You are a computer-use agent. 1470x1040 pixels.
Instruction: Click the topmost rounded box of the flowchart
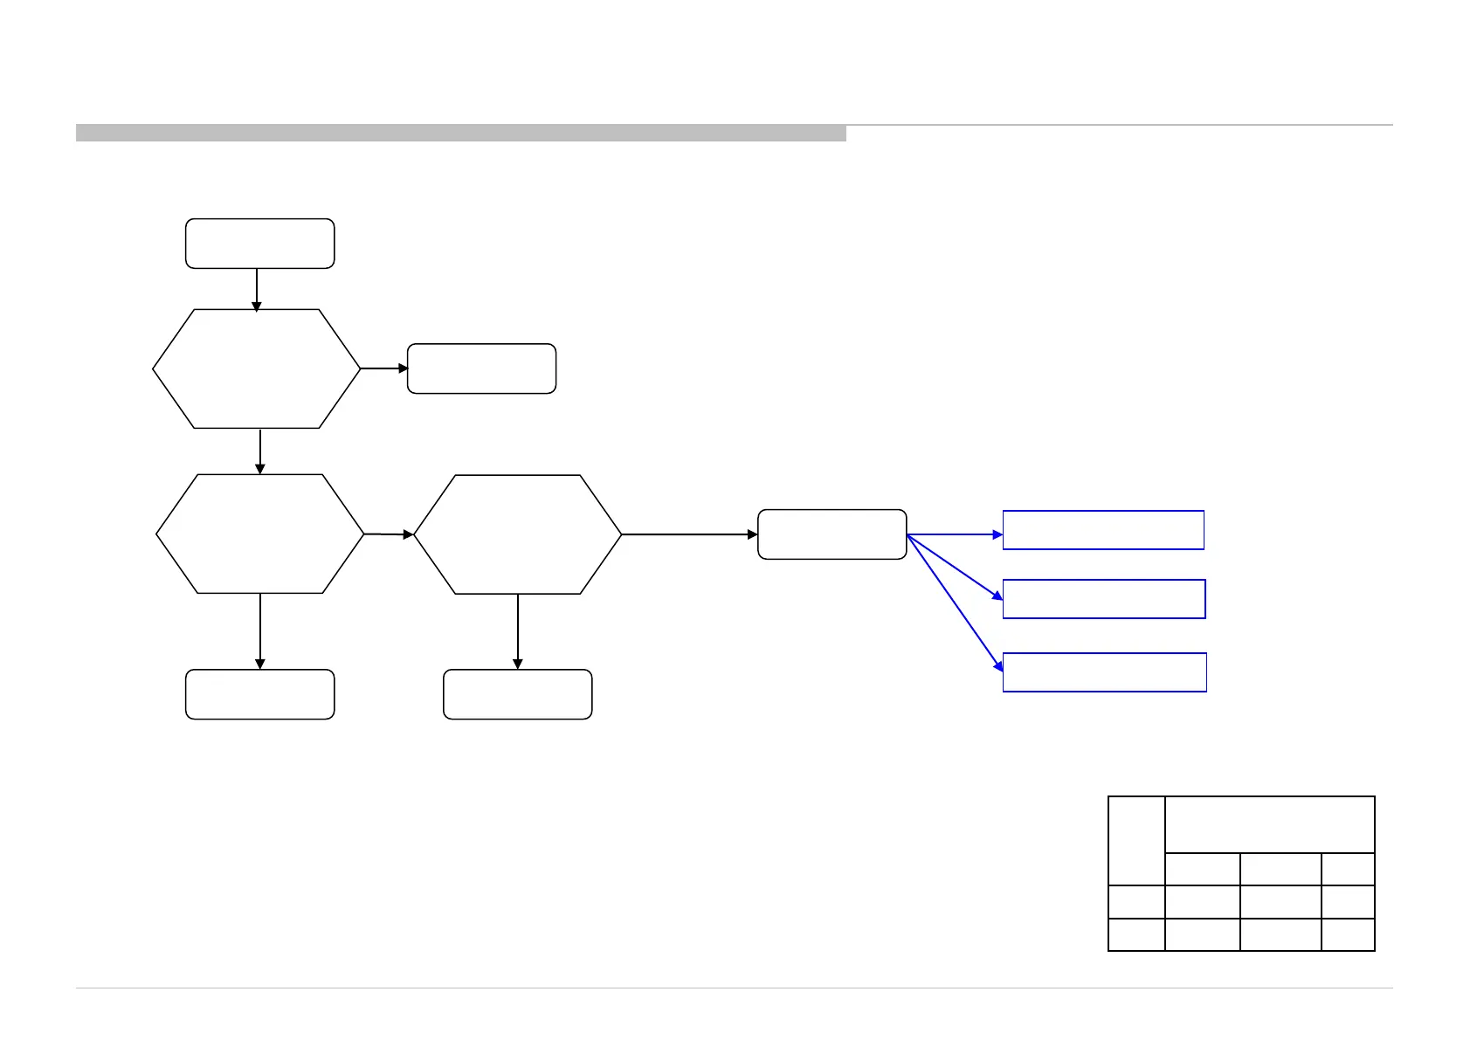pos(259,244)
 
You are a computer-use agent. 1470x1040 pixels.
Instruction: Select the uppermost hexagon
pos(257,368)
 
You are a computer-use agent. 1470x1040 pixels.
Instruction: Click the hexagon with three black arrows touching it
pos(260,534)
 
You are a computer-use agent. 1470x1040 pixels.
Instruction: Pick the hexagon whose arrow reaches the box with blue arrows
pos(518,534)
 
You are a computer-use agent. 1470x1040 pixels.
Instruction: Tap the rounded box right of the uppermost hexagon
pos(481,368)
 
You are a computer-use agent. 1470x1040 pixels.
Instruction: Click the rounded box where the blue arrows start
pos(832,534)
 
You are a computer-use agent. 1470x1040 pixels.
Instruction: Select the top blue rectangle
pos(1103,530)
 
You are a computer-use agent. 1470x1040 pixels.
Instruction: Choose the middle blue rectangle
pos(1104,599)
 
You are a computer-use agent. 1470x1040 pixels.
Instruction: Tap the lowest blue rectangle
pos(1105,672)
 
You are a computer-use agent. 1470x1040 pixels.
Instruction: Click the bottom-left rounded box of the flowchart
pos(259,694)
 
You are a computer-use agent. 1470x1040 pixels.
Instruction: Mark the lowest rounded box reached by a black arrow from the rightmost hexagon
pos(518,694)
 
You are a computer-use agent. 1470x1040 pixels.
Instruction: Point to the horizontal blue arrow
pos(955,534)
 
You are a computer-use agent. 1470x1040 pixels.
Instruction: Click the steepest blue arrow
pos(955,603)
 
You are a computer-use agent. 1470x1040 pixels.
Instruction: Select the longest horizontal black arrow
pos(689,534)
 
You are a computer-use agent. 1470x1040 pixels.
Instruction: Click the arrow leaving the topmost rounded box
pos(257,289)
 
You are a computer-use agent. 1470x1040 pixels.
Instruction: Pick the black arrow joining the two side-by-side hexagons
pos(389,534)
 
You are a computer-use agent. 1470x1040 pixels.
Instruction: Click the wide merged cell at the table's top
pos(1270,824)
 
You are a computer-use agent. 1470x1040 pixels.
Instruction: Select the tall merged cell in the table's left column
pos(1136,840)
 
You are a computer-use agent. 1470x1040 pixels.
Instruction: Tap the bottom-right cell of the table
pos(1349,934)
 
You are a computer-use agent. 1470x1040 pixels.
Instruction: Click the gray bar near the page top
pos(460,133)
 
